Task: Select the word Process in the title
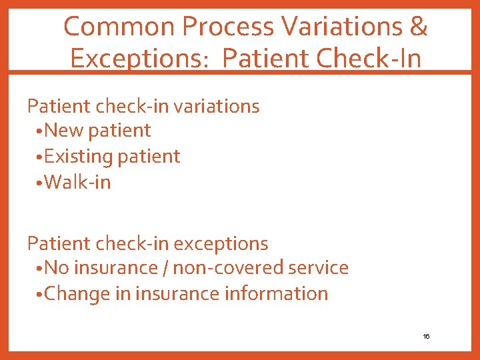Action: click(229, 27)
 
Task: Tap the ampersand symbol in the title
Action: click(419, 27)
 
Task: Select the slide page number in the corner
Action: click(426, 337)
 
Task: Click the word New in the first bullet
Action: click(64, 131)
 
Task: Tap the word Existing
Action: click(79, 157)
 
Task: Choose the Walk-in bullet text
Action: click(77, 182)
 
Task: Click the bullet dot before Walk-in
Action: click(40, 183)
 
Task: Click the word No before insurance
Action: click(57, 268)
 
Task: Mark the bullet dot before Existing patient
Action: click(40, 157)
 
